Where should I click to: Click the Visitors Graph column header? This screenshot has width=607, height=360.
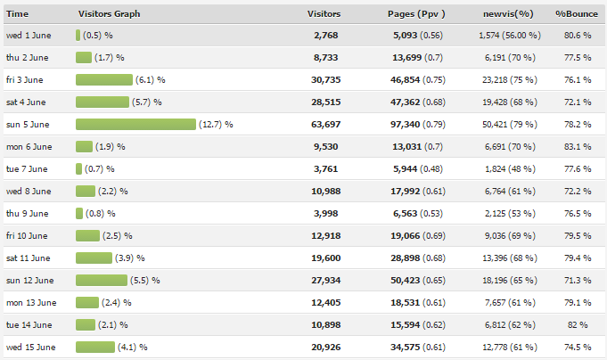click(x=109, y=14)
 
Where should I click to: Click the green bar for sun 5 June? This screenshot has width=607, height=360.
click(x=135, y=124)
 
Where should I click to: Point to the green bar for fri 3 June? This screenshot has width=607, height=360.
click(x=104, y=79)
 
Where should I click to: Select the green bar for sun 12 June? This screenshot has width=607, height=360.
click(x=102, y=280)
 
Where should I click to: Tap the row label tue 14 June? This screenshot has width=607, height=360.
click(x=28, y=324)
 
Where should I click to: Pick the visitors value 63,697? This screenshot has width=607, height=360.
click(x=324, y=124)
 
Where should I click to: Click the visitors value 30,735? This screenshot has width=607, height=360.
click(x=324, y=79)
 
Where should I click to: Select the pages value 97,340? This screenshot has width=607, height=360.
click(x=412, y=124)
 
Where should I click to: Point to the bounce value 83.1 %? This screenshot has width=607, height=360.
click(x=578, y=146)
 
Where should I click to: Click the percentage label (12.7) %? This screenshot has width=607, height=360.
click(x=216, y=124)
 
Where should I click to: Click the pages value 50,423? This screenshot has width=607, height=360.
click(x=412, y=280)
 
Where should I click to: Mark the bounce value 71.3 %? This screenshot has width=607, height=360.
click(x=578, y=280)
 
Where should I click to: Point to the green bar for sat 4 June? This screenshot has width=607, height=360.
click(x=103, y=102)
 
